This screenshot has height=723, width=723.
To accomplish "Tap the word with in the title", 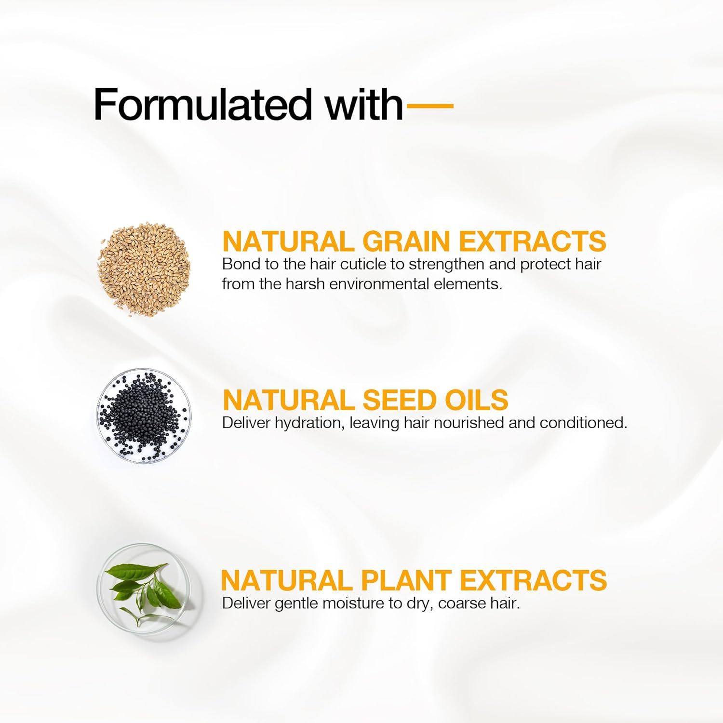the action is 364,104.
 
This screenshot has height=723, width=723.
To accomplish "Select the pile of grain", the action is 144,269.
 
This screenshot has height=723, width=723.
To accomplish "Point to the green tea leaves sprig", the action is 144,593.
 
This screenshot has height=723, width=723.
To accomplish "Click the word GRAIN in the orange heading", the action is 406,241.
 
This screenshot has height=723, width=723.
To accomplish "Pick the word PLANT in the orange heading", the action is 406,580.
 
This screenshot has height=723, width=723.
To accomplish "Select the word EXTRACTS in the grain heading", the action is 532,241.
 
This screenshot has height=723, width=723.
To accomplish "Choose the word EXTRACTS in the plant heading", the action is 533,580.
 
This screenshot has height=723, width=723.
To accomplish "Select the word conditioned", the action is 583,423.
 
